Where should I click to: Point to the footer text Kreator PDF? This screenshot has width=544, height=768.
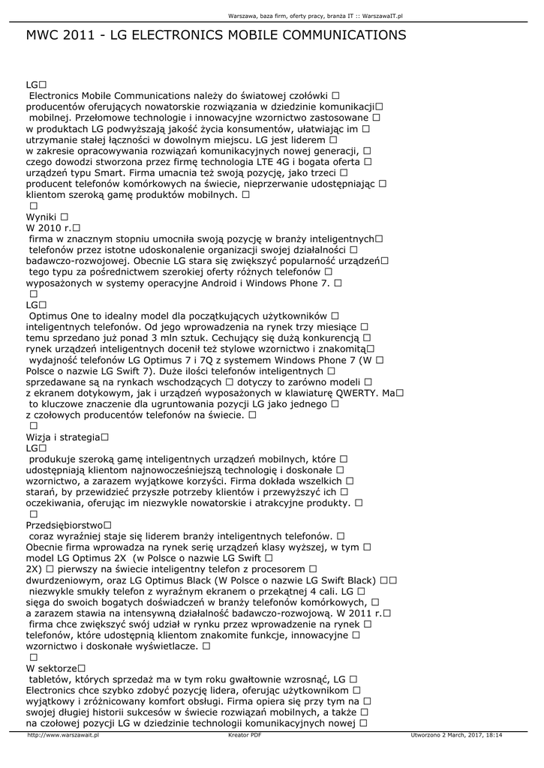[245, 736]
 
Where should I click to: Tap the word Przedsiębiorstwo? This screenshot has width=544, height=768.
[64, 525]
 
